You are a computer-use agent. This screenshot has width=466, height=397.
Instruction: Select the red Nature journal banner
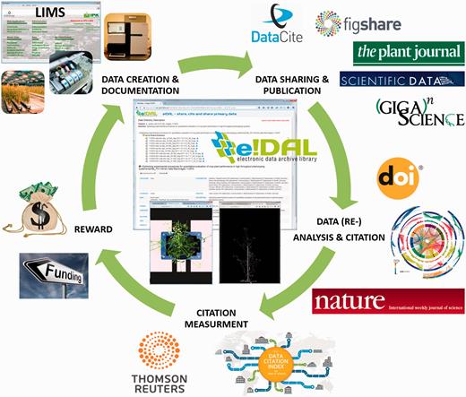point(386,301)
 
